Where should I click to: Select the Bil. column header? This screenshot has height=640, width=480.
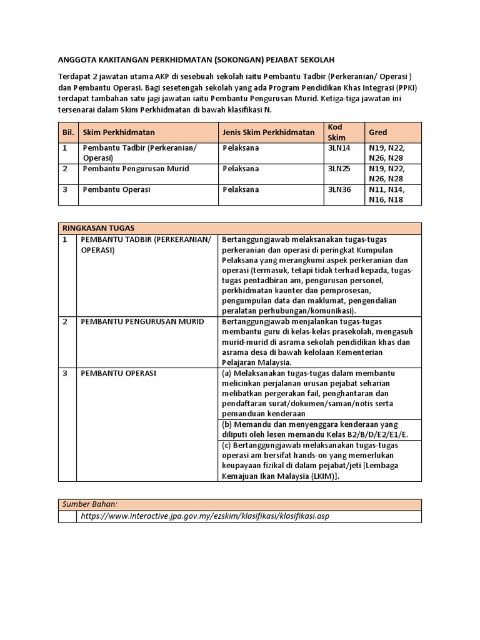(x=67, y=132)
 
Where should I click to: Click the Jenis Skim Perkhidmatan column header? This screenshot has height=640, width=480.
(x=268, y=132)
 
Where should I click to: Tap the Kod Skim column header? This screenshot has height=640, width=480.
(x=336, y=132)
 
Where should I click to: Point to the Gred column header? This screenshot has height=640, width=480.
(x=378, y=132)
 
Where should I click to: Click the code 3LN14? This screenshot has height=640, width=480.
(x=339, y=148)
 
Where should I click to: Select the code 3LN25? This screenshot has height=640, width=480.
(x=339, y=169)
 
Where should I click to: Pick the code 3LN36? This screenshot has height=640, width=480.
(x=339, y=189)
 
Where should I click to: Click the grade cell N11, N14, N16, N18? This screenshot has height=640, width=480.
(x=387, y=194)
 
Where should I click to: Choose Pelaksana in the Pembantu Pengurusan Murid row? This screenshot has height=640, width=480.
(x=241, y=169)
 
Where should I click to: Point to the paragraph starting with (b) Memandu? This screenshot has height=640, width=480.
(x=319, y=429)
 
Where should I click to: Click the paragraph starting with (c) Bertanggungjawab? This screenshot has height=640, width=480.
(x=319, y=460)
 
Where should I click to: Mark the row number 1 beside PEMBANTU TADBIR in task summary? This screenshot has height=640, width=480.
(x=64, y=239)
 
